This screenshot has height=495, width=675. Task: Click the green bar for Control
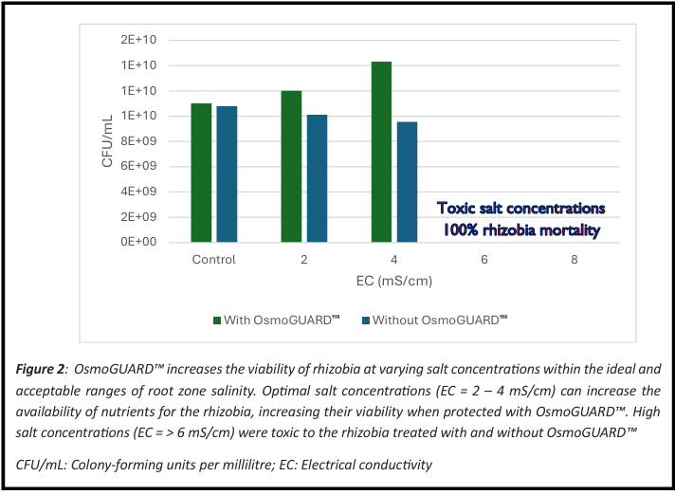pos(201,173)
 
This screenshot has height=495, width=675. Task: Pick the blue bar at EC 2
pos(317,178)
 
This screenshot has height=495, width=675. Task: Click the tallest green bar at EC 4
pos(381,152)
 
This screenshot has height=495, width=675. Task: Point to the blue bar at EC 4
pos(407,182)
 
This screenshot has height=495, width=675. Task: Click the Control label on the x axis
pos(213,260)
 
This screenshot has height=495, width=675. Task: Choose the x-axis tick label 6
pos(483,260)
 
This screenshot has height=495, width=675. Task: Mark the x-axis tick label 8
pos(574,260)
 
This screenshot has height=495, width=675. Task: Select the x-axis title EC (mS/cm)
pos(393,282)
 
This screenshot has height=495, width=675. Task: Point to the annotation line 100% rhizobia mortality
pos(521,229)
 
